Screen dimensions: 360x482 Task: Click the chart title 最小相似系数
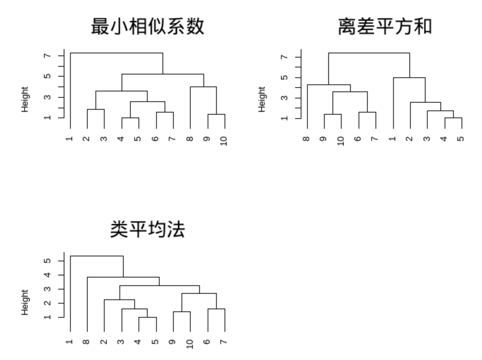[x=147, y=27]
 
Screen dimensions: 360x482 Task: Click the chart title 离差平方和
[x=384, y=27]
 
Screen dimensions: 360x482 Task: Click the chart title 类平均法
[x=147, y=230]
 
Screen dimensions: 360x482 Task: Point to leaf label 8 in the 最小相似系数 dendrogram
[x=190, y=140]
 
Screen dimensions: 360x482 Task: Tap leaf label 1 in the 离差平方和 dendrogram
[x=393, y=140]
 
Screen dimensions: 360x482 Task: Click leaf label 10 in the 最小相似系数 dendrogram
[x=225, y=141]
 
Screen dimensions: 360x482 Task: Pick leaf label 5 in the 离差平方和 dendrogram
[x=462, y=140]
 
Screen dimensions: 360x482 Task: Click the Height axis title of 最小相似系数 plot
[x=25, y=99]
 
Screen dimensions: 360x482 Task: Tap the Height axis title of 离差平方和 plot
[x=262, y=99]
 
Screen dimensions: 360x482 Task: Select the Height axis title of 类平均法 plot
[x=25, y=302]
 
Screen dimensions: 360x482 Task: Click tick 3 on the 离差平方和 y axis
[x=284, y=98]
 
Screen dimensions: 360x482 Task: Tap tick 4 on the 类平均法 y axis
[x=47, y=275]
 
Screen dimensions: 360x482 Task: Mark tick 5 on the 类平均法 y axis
[x=47, y=261]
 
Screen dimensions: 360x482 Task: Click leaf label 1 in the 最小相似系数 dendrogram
[x=70, y=140]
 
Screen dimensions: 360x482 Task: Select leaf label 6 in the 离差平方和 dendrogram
[x=359, y=140]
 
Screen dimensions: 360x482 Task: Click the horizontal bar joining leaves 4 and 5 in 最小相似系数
[x=130, y=118]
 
